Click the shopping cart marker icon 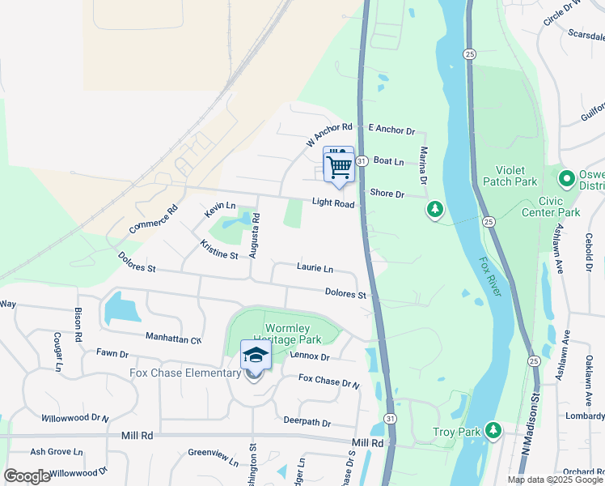(339, 167)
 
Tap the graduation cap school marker (256, 356)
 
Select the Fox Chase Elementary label (185, 373)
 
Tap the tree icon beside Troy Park (492, 432)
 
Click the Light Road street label (335, 204)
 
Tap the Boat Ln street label (388, 162)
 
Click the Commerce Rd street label (154, 220)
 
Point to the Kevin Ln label (220, 210)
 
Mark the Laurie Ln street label (315, 268)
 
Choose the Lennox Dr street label (310, 356)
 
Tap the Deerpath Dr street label (307, 421)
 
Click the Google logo (27, 476)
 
